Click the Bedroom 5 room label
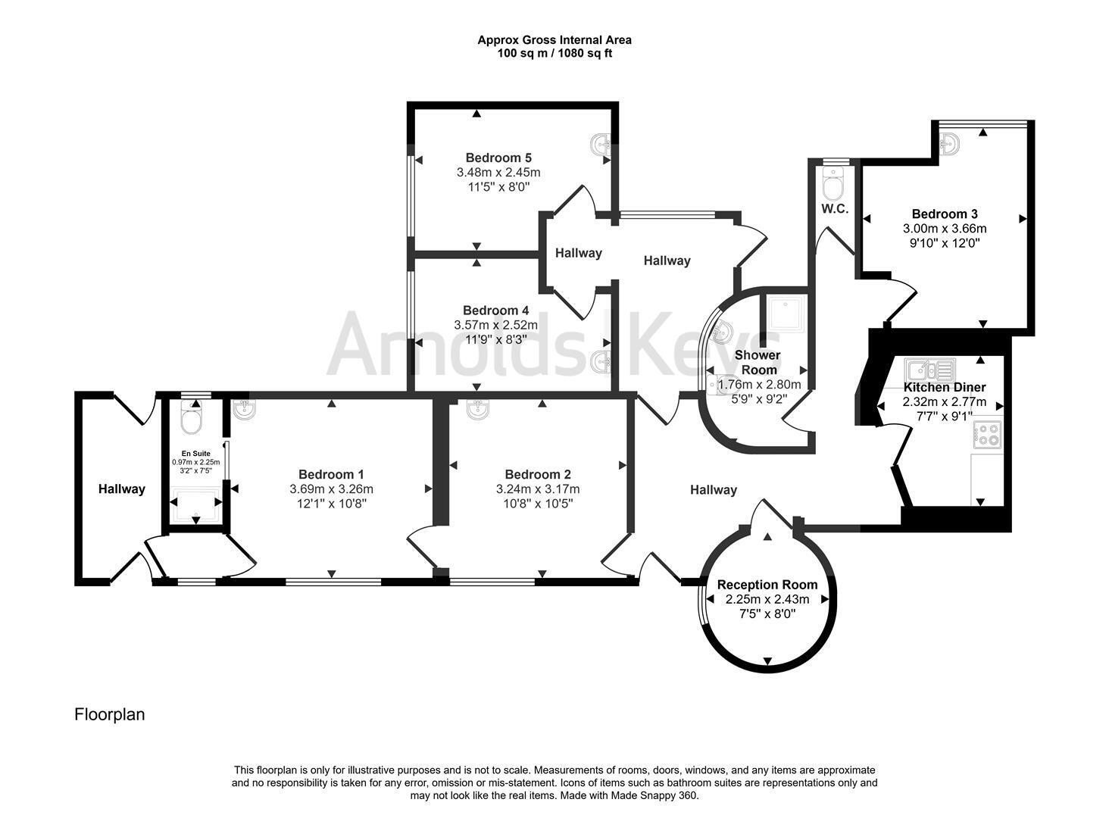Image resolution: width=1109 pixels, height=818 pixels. (498, 158)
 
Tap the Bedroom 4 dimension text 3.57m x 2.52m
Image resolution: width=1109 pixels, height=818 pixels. (495, 326)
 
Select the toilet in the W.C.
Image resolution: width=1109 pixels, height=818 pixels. (833, 183)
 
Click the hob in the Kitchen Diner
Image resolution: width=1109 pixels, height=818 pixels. (987, 435)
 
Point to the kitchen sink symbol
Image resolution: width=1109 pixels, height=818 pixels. (930, 370)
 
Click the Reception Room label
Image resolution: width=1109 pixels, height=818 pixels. (767, 585)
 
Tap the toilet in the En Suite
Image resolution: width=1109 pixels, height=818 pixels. (191, 417)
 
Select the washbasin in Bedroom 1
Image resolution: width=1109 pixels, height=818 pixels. (244, 410)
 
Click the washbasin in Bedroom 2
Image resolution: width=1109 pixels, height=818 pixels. (477, 409)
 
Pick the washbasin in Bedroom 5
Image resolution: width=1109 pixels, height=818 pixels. (601, 145)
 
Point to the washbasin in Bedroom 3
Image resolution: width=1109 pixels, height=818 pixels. (948, 144)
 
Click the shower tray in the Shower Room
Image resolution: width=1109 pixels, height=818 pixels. (786, 314)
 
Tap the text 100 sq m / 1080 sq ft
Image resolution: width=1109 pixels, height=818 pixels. (554, 54)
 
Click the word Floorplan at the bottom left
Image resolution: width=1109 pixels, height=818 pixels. (109, 714)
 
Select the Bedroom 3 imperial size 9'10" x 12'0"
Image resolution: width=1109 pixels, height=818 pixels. (945, 243)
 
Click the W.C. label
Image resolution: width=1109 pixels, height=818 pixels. (835, 209)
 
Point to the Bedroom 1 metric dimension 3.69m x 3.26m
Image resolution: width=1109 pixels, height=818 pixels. (331, 489)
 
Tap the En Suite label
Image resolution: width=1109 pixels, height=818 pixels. (196, 453)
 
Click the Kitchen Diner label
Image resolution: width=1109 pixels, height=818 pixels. (945, 387)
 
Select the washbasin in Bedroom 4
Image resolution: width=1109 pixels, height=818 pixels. (601, 362)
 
